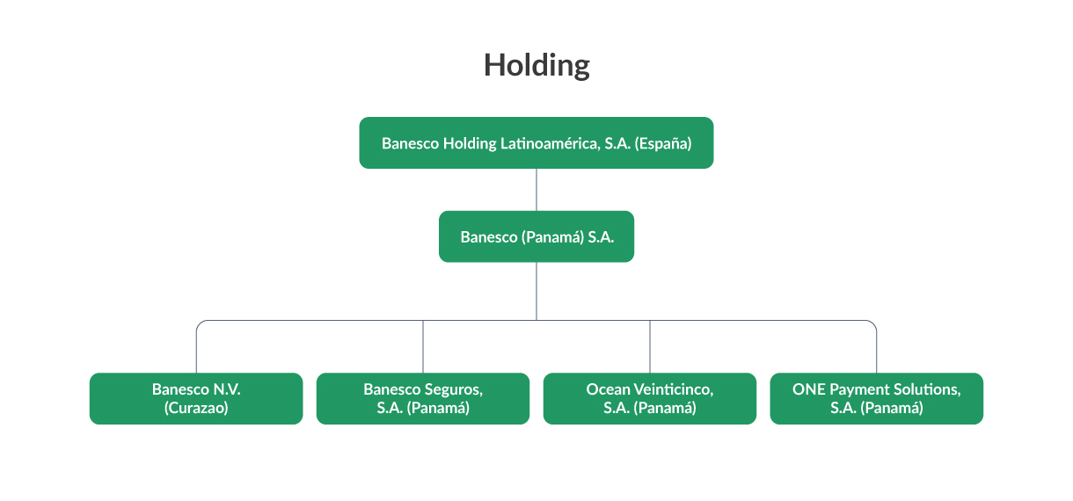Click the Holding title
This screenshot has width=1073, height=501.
click(536, 65)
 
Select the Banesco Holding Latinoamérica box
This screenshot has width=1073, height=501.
click(536, 142)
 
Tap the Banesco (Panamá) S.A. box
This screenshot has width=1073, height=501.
click(536, 236)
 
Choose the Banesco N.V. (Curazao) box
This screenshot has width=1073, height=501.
click(196, 398)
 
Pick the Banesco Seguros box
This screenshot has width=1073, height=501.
click(423, 398)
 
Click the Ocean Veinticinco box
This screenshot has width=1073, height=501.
click(650, 398)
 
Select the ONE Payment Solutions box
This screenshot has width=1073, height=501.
click(877, 398)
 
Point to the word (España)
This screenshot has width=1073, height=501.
click(663, 143)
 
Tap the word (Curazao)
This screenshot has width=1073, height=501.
click(196, 408)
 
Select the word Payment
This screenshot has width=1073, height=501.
click(854, 389)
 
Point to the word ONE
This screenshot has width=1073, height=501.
click(809, 389)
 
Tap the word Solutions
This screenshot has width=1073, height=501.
click(921, 389)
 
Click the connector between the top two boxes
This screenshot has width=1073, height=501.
click(536, 190)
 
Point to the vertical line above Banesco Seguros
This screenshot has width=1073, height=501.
click(423, 346)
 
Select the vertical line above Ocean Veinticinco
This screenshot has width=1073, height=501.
click(650, 346)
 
